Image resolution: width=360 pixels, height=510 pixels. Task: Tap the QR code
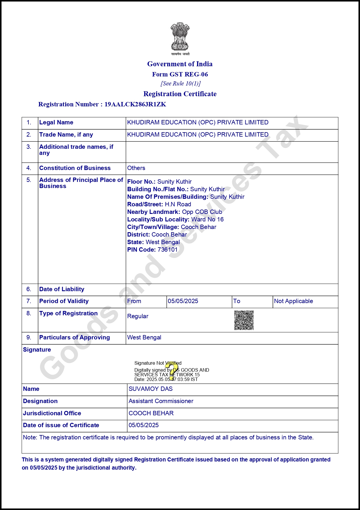[244, 320]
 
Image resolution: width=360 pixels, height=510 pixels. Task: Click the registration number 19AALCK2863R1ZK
[135, 104]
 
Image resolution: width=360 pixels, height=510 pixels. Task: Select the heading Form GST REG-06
[180, 74]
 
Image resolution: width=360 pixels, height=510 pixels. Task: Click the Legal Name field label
[56, 122]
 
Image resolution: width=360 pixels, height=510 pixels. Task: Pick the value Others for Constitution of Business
[136, 168]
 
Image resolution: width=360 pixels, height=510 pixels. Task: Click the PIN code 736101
[168, 250]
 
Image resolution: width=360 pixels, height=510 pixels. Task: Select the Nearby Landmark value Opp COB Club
[202, 212]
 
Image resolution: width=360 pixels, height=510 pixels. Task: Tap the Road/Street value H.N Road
[178, 204]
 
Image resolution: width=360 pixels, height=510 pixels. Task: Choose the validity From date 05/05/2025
[183, 301]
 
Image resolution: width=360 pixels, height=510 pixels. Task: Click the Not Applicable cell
[294, 301]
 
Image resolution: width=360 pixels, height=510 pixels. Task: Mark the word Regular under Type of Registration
[138, 316]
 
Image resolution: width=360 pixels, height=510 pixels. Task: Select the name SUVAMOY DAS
[150, 389]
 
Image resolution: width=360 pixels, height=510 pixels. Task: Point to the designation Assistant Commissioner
[161, 401]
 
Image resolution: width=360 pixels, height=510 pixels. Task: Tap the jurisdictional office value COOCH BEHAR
[151, 413]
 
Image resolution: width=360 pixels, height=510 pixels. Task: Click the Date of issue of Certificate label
[61, 425]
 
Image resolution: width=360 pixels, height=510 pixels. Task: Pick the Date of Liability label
[62, 289]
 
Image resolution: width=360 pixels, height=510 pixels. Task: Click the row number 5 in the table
[29, 180]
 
